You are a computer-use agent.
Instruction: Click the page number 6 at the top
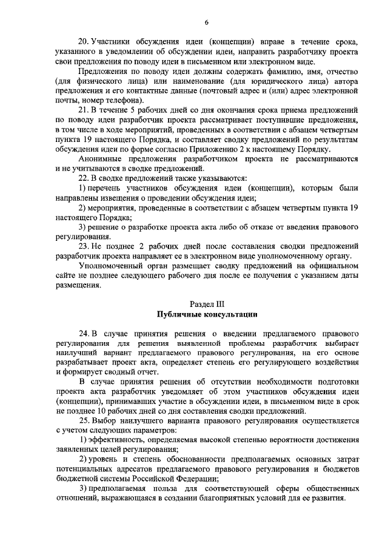pyautogui.click(x=207, y=22)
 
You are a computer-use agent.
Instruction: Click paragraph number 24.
pyautogui.click(x=84, y=334)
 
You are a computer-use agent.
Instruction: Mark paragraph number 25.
pyautogui.click(x=84, y=422)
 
